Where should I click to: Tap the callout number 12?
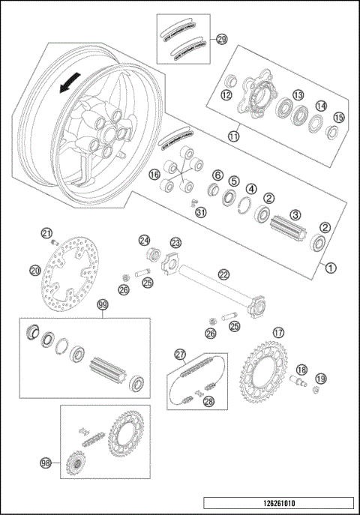point(226,95)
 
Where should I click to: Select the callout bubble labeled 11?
point(234,137)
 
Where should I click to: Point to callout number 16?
point(155,175)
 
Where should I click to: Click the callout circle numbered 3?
point(295,214)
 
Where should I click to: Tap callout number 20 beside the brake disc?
point(35,271)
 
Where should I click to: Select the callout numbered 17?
point(278,332)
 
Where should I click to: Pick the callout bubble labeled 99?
point(103,304)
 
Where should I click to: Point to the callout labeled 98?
point(45,464)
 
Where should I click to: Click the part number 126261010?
point(277,502)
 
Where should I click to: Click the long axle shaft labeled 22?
point(217,285)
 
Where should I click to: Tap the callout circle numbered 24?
point(145,240)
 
